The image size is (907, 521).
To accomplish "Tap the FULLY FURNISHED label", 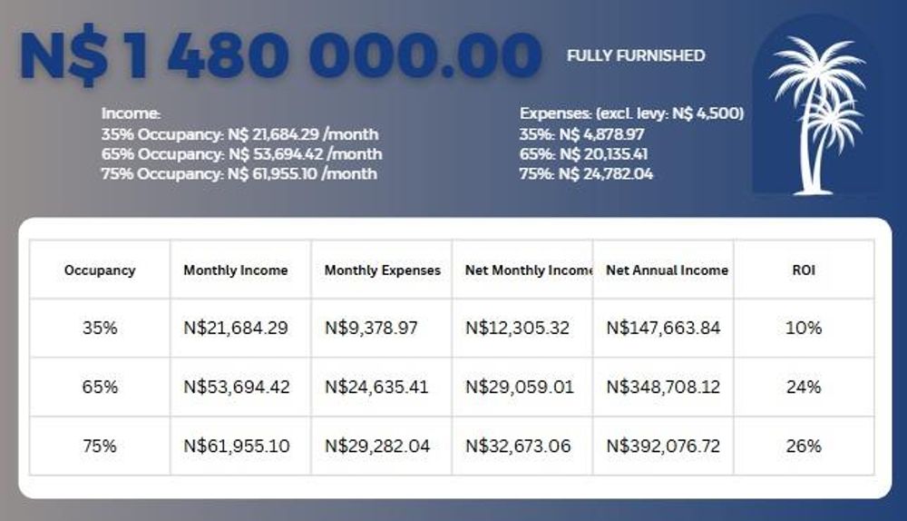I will [x=635, y=55].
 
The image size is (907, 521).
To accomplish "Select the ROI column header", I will [x=804, y=270].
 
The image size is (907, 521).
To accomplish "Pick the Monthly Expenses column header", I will [x=382, y=270].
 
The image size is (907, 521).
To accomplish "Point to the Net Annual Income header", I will [x=667, y=270].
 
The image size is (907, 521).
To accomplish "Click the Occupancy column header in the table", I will [x=100, y=270].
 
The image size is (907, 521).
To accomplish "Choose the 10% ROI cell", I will [x=804, y=328].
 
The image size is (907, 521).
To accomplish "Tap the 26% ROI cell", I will [x=804, y=446].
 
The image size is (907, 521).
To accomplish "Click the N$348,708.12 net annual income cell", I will [x=663, y=387].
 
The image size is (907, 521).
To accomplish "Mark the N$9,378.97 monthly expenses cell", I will [x=371, y=328].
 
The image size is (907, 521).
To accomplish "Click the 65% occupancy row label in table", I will [x=100, y=387].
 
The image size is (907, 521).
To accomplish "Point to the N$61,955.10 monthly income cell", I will [x=236, y=446].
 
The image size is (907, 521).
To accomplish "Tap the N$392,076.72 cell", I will [x=663, y=446].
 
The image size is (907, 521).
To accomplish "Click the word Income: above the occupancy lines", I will [x=131, y=114].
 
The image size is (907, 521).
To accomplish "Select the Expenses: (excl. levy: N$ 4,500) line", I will [x=631, y=114].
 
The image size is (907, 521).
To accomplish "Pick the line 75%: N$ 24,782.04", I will [x=586, y=173].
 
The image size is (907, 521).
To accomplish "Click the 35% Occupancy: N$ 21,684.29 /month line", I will [x=239, y=134].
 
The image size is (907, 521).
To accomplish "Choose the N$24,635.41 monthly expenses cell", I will [x=376, y=387].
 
